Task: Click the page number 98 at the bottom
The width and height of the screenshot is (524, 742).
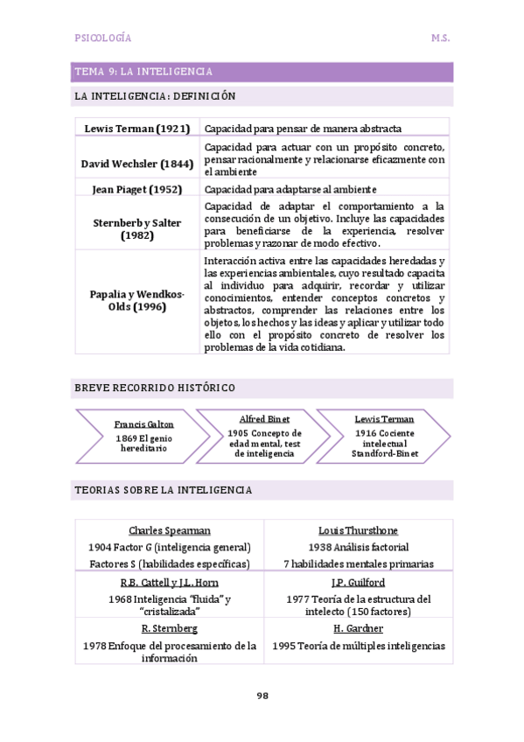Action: (x=262, y=696)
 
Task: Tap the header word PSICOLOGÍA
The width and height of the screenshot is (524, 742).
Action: (x=104, y=38)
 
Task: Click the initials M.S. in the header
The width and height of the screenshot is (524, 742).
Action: (x=440, y=38)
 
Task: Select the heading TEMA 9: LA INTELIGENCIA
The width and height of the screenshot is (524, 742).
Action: (x=143, y=72)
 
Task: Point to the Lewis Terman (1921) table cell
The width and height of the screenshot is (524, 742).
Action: (x=137, y=129)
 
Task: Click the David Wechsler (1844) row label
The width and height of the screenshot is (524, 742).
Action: (x=137, y=163)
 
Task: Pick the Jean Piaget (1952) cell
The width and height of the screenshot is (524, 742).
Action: (x=137, y=189)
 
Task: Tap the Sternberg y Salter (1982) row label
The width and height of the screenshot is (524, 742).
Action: (x=137, y=229)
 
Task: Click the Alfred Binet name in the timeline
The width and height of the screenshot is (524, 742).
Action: (x=264, y=419)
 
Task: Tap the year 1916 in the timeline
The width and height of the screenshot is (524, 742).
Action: (x=366, y=433)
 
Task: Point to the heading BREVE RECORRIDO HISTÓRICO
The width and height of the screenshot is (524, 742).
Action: (x=155, y=388)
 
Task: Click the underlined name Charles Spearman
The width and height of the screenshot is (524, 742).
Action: (x=170, y=530)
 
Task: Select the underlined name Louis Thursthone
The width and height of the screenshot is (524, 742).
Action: (x=359, y=530)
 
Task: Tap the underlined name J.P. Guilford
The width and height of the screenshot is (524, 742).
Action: (x=359, y=582)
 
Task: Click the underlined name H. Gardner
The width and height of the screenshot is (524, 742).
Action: (x=359, y=628)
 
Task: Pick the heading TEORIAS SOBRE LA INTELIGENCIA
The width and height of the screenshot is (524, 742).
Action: (x=164, y=490)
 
